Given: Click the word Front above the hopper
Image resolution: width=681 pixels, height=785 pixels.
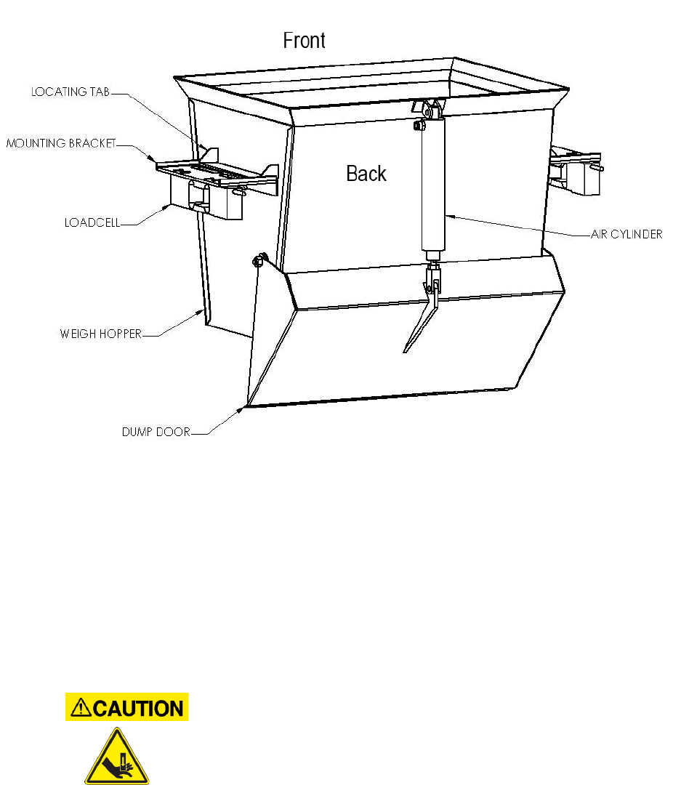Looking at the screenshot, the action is coord(304,41).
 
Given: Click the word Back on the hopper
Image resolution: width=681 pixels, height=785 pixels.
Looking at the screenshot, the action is coord(366,174).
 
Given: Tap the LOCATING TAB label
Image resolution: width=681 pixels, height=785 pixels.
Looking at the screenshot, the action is coord(70,92).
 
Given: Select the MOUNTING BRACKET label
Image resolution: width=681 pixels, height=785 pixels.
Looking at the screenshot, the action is coord(61,144).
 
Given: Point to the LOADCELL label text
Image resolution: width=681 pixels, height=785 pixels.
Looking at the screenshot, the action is coord(92,223).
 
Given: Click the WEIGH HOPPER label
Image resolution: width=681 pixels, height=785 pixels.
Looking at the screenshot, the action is coord(100,334).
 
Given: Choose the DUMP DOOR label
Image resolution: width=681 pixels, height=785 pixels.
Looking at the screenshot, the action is coord(156,432).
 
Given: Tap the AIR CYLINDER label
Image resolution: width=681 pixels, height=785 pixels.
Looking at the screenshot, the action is coord(626,235).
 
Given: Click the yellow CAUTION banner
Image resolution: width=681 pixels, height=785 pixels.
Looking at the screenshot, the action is coord(127,707).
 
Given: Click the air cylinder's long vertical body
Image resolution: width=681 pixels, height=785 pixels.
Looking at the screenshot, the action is coord(433,189).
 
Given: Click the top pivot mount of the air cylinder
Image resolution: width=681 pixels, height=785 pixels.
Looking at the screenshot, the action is coord(429,110).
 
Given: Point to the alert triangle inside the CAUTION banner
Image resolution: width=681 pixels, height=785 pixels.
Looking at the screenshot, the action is coord(81,707).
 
